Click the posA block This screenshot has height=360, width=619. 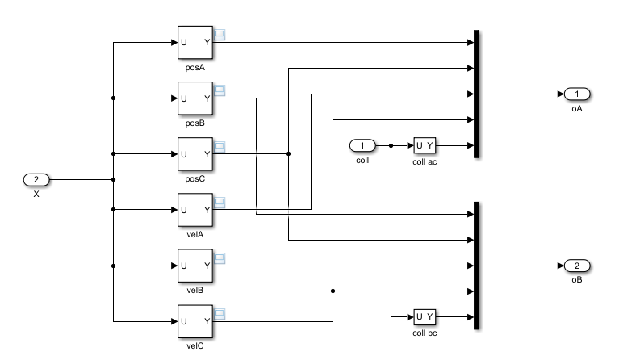pos(194,42)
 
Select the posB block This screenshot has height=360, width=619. pos(194,98)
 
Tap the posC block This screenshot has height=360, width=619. pos(194,153)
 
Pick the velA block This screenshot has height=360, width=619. pos(194,210)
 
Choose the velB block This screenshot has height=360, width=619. pos(194,266)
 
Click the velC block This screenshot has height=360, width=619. pos(194,321)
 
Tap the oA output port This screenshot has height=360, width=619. pos(577,94)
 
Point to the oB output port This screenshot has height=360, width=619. pos(577,266)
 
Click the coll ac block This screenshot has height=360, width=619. pos(425,145)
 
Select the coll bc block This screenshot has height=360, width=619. pos(425,316)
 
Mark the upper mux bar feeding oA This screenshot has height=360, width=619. pos(477,94)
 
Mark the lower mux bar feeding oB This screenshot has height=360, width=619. pos(477,265)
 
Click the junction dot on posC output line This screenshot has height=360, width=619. pos(288,153)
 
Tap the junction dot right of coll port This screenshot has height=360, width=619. pos(390,146)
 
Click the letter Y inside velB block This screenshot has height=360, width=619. pos(207,266)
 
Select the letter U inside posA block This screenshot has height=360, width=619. pos(183,42)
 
